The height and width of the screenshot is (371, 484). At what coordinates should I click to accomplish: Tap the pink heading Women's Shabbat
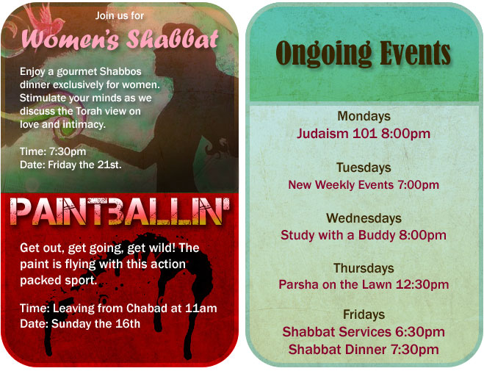pos(120,40)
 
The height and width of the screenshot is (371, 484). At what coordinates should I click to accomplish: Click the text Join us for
pos(120,15)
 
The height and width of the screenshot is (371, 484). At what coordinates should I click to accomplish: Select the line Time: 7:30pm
pos(53,151)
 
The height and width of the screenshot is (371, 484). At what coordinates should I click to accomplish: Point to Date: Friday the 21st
pos(71,165)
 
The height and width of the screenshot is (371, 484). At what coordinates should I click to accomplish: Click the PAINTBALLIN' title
pos(120,212)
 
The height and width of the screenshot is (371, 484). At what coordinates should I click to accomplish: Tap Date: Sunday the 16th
pos(80,323)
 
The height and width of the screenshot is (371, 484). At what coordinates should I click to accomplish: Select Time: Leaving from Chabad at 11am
pos(118,308)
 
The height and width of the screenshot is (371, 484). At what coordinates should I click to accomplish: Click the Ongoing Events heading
pos(364,53)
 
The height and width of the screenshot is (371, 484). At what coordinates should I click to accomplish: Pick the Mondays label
pos(364,116)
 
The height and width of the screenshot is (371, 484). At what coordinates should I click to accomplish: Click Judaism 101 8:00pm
pos(364,134)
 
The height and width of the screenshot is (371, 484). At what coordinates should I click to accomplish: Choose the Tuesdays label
pos(364,168)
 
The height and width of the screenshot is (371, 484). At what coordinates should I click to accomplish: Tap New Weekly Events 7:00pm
pos(364,184)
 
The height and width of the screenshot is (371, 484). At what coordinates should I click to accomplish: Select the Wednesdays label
pos(364,218)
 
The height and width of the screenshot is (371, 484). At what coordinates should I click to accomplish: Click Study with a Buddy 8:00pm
pos(364,235)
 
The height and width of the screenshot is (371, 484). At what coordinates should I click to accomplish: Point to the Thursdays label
pos(364,268)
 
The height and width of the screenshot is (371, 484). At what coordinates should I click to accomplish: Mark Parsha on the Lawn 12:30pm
pos(364,284)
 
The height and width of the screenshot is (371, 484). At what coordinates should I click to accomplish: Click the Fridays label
pos(364,314)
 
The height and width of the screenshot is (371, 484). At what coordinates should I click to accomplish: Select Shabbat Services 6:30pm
pos(364,332)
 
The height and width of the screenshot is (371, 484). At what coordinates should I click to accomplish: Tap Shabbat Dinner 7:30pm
pos(364,350)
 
